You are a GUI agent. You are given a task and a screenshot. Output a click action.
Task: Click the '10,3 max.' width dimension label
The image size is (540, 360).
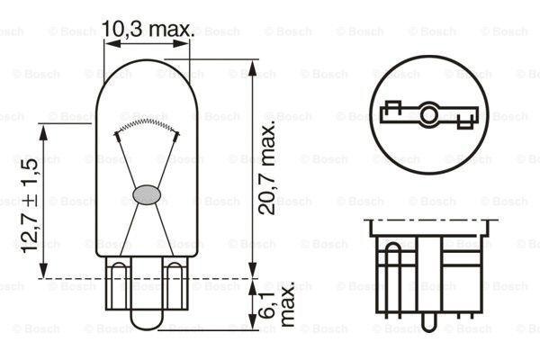pyautogui.click(x=148, y=29)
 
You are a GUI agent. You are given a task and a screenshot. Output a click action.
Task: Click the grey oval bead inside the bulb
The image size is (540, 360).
pyautogui.click(x=146, y=193)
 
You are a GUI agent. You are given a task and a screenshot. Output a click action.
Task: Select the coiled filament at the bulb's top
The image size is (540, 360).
pyautogui.click(x=144, y=121)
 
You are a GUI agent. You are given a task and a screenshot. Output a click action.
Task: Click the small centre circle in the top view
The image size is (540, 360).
pyautogui.click(x=430, y=113)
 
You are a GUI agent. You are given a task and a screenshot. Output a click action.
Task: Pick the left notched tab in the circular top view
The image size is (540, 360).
pyautogui.click(x=392, y=112)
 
